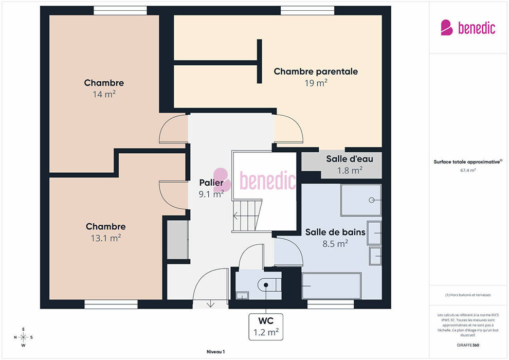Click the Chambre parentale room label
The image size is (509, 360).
(x=316, y=71)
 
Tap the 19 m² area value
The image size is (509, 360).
(x=316, y=83)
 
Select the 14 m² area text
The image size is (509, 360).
(x=104, y=95)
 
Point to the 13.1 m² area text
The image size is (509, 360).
(x=106, y=238)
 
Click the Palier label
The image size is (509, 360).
(x=211, y=183)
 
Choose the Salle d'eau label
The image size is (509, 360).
(x=349, y=159)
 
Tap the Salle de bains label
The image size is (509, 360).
(x=335, y=232)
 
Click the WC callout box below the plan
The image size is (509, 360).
(x=266, y=327)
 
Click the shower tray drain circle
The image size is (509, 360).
(x=372, y=200)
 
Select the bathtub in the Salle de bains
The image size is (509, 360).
(x=332, y=285)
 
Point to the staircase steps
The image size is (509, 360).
(x=247, y=215)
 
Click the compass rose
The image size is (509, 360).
(x=23, y=337)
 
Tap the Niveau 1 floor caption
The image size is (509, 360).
(x=215, y=352)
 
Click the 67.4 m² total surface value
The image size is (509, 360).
(x=468, y=170)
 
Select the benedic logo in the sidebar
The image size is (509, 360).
(x=468, y=28)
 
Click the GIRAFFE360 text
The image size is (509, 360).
(x=468, y=345)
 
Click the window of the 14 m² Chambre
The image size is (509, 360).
(x=120, y=10)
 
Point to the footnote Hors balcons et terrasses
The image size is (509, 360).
(x=468, y=295)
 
